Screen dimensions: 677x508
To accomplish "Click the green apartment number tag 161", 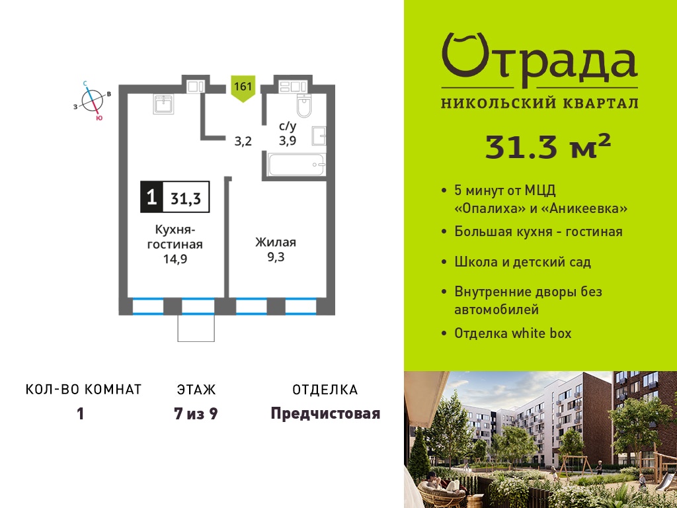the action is [243, 88].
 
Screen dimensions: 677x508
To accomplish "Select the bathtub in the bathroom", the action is [296, 165].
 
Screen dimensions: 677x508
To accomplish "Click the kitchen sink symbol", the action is [163, 104].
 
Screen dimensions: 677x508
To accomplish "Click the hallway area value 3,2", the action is [243, 142].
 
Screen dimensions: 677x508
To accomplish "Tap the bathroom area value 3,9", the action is [287, 140].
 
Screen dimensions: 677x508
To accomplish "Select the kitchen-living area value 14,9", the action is [175, 259].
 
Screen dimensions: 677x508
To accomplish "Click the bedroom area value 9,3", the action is [276, 257].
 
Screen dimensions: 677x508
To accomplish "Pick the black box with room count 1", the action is [151, 197].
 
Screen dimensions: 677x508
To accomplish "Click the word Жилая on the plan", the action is [276, 242].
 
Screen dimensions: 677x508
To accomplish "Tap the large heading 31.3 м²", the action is [548, 147].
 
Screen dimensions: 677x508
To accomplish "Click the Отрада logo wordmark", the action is [539, 59].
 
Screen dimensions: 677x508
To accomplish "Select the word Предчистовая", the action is [325, 413].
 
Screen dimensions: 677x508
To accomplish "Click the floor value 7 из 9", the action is [196, 414].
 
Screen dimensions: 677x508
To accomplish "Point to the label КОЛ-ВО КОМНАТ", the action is [84, 390].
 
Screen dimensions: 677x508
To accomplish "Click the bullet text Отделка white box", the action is [513, 333].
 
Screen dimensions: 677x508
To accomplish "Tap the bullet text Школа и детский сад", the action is [522, 262].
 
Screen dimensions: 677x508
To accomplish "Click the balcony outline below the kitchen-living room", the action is [196, 327].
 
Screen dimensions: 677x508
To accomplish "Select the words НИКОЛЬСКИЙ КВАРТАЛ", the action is [539, 103].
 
